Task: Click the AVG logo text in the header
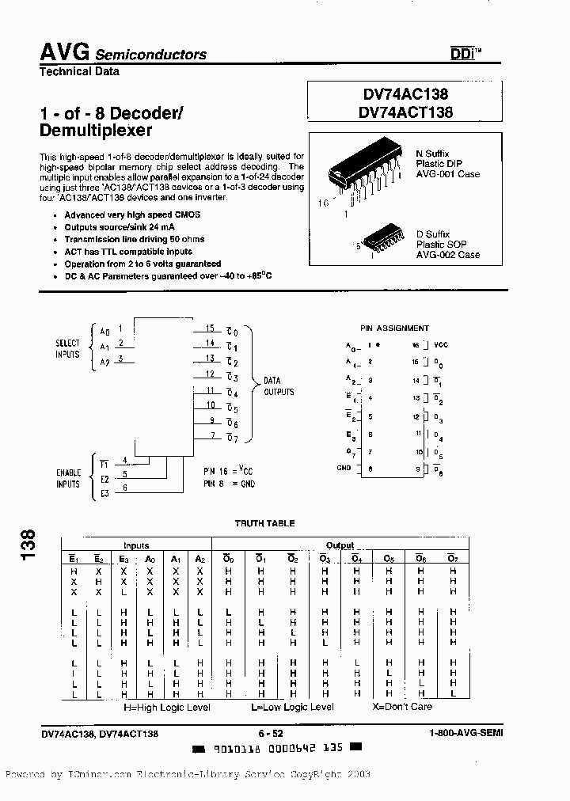65,52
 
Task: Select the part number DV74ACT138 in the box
405,112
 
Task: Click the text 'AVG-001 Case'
449,174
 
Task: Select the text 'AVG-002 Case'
448,255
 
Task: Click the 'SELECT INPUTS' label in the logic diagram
68,348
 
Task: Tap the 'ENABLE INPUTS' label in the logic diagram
68,478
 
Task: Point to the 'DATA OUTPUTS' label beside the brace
279,386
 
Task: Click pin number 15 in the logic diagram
210,328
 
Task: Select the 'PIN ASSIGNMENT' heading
394,328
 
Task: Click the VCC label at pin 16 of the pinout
441,345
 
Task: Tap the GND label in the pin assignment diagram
343,469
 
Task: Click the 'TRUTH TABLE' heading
264,523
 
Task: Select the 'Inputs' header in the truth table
135,545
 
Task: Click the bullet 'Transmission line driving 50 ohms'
135,239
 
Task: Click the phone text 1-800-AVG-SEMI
462,734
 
